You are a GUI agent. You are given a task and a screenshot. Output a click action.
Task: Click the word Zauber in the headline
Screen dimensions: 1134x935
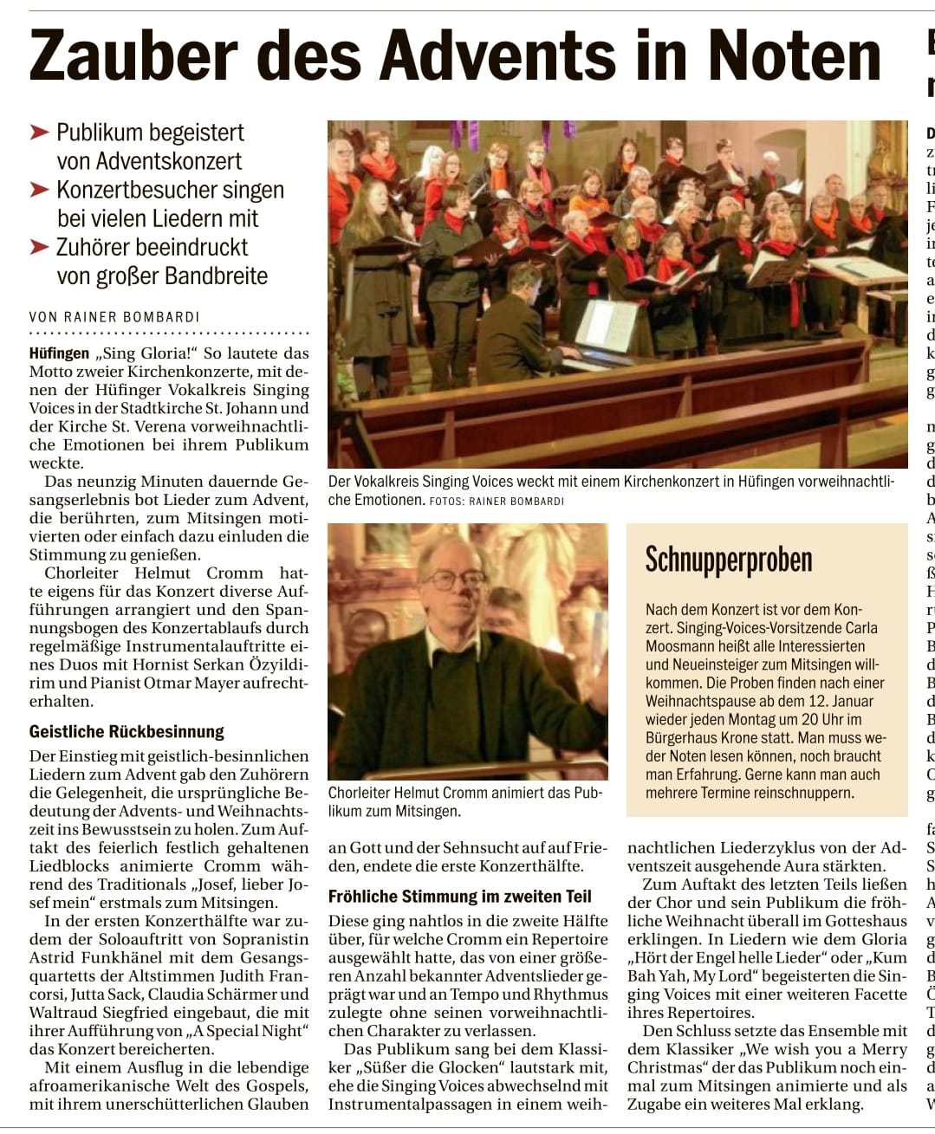coord(133,55)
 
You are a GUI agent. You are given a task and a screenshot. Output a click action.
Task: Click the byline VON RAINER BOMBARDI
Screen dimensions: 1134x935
coord(114,317)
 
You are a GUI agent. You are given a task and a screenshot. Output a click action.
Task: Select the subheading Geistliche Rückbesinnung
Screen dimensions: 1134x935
coord(127,731)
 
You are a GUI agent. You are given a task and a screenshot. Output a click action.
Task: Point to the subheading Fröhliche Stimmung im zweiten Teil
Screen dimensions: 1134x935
coord(459,897)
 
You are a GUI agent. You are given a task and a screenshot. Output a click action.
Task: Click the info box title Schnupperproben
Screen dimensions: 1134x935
coord(728,560)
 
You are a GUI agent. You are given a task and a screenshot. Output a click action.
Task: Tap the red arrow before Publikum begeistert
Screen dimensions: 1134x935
coord(39,133)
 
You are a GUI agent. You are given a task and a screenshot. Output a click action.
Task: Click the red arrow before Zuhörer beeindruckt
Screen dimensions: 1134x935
coord(39,247)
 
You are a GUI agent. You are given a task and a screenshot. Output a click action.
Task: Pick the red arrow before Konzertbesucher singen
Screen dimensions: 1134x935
coord(39,190)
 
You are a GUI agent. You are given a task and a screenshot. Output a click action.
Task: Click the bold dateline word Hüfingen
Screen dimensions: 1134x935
coord(59,353)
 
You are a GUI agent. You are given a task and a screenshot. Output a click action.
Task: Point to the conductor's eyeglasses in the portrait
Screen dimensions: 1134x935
coord(453,579)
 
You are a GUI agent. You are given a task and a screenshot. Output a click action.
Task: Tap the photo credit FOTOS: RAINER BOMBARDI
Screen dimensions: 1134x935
coord(497,501)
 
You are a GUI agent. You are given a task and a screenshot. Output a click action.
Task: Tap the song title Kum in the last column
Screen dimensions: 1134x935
coord(888,957)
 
